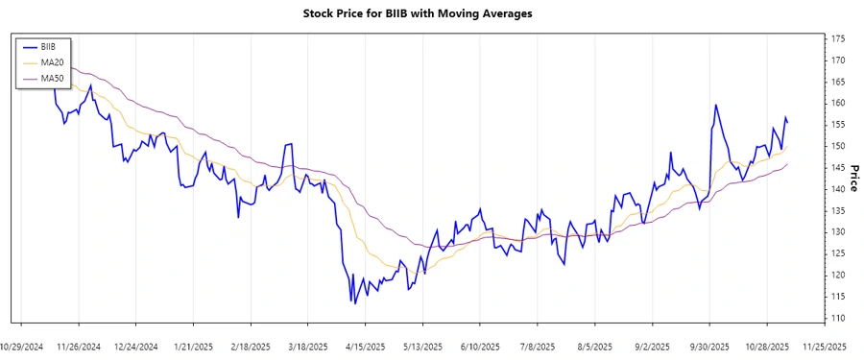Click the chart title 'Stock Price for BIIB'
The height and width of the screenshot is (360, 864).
pyautogui.click(x=417, y=13)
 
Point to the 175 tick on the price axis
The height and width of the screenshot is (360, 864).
pyautogui.click(x=838, y=38)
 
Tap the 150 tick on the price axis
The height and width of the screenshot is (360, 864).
pyautogui.click(x=838, y=146)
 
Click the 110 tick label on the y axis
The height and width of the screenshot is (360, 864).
pyautogui.click(x=838, y=318)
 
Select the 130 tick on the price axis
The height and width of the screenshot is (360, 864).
pyautogui.click(x=838, y=232)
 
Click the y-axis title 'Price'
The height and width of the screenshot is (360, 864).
pyautogui.click(x=853, y=178)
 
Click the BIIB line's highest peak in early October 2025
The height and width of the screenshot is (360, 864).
pyautogui.click(x=715, y=105)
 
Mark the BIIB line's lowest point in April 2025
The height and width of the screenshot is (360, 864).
pyautogui.click(x=352, y=303)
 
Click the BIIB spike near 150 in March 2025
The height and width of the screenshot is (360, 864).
pyautogui.click(x=289, y=144)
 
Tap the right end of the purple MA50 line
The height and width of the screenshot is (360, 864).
pyautogui.click(x=788, y=164)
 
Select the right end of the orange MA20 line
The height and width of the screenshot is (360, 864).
pyautogui.click(x=788, y=149)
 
